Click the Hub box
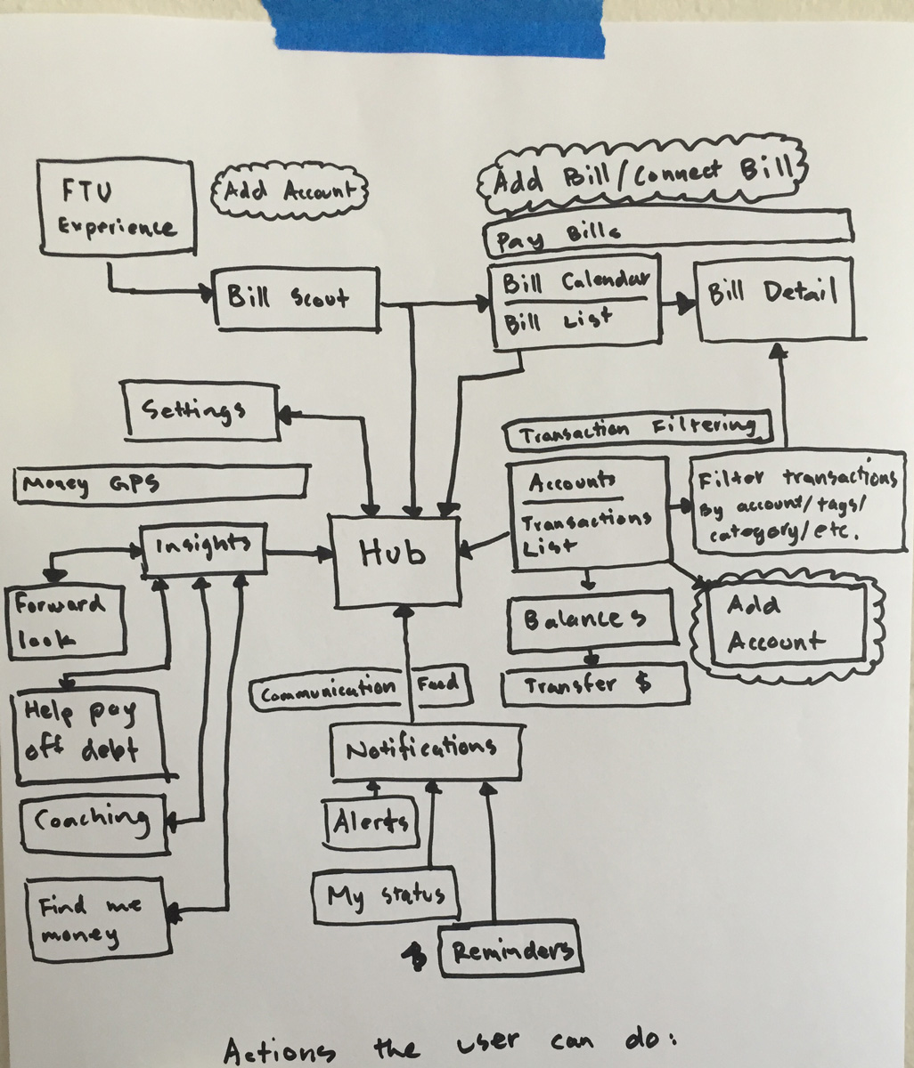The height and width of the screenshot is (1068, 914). pyautogui.click(x=396, y=562)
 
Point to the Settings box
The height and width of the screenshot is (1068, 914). pyautogui.click(x=201, y=411)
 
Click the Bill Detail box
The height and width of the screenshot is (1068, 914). pyautogui.click(x=774, y=299)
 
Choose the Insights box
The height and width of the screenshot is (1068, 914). pyautogui.click(x=204, y=547)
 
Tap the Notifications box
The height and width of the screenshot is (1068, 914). pyautogui.click(x=426, y=750)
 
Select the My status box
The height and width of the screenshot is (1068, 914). pyautogui.click(x=386, y=895)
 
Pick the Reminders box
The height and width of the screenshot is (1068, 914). pyautogui.click(x=510, y=951)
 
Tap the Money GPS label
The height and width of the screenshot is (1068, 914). pyautogui.click(x=160, y=484)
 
